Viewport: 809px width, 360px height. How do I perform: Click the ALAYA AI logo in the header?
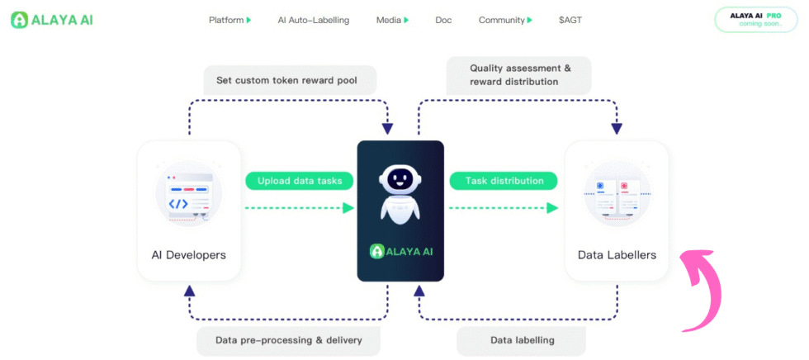(x=51, y=20)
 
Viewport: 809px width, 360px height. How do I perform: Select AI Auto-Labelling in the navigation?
(x=313, y=20)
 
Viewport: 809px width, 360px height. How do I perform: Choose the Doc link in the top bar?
(x=443, y=20)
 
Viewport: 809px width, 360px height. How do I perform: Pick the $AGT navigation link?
(x=570, y=20)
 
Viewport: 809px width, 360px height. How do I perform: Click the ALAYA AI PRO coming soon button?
(x=755, y=19)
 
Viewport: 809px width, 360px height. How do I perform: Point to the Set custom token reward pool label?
(x=291, y=80)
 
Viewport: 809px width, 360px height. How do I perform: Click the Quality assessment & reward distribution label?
(x=519, y=74)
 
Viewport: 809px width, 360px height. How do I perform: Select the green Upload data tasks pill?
(x=300, y=181)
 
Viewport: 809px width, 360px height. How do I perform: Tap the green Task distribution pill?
(x=504, y=181)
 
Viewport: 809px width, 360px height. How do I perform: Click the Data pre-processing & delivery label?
(x=289, y=339)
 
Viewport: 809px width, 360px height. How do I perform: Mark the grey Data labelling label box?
(x=522, y=339)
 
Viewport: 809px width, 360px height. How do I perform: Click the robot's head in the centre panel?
(x=400, y=179)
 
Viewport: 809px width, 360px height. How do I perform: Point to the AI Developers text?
(x=189, y=254)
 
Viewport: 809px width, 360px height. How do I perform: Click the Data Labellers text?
(x=617, y=254)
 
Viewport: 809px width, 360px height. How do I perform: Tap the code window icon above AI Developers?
(x=189, y=195)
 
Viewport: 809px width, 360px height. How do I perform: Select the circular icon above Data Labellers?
(x=617, y=195)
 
